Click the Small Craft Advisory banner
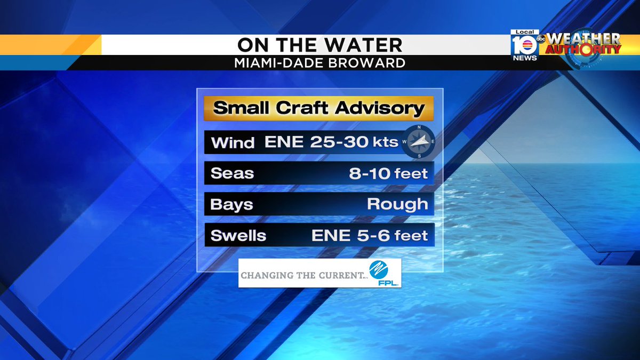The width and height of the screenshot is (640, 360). click(319, 109)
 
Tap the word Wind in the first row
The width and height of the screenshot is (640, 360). click(233, 142)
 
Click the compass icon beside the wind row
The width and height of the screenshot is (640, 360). click(419, 141)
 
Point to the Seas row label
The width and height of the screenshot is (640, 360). click(232, 173)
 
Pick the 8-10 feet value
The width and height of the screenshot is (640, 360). click(388, 173)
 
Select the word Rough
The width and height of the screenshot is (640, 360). click(397, 204)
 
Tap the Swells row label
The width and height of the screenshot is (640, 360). click(238, 235)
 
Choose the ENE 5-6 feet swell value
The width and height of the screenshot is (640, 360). click(370, 235)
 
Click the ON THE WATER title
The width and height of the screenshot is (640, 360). click(320, 45)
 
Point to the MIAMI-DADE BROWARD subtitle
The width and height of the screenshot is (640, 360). click(320, 63)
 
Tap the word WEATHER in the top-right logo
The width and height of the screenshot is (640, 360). click(583, 38)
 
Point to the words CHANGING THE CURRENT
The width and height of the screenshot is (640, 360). click(301, 276)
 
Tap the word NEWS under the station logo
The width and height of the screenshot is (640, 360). click(525, 58)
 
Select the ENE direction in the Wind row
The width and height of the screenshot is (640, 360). click(284, 142)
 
